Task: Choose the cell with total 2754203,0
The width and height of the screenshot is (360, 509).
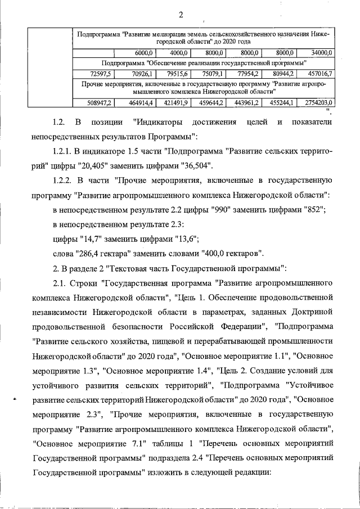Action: (x=318, y=102)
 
